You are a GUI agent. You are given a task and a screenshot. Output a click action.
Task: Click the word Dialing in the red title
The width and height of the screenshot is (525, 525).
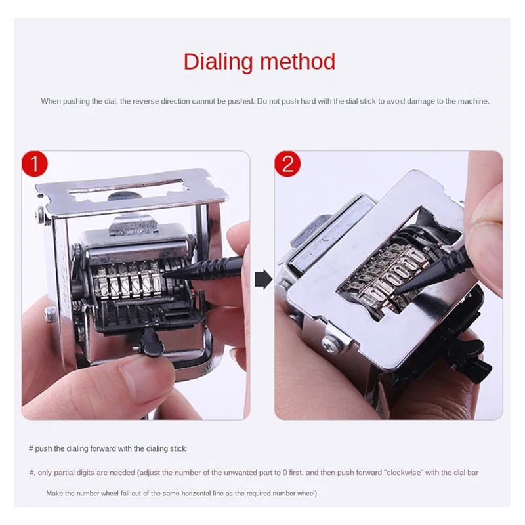(x=219, y=62)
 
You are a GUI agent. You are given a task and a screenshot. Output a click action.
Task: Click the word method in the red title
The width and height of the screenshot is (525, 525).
(x=298, y=62)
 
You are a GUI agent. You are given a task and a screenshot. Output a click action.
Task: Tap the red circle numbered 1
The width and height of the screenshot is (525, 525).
(x=34, y=163)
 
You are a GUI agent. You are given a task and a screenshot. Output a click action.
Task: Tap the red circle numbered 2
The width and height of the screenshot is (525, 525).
(x=287, y=163)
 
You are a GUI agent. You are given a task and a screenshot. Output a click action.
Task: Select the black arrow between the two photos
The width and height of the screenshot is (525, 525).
(x=262, y=281)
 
